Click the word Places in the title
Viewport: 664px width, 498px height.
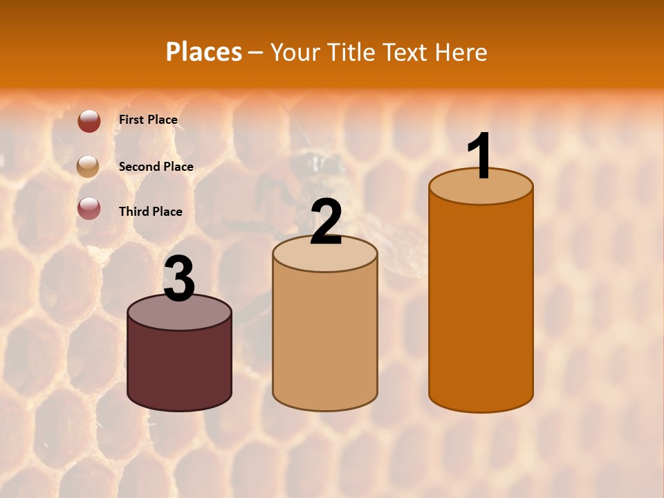pyautogui.click(x=204, y=52)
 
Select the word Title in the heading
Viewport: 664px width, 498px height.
pyautogui.click(x=351, y=52)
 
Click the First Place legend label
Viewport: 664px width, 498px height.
pyautogui.click(x=148, y=120)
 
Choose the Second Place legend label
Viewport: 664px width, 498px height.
pyautogui.click(x=156, y=166)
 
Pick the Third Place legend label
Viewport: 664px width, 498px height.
pyautogui.click(x=150, y=212)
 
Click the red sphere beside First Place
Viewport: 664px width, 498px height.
pyautogui.click(x=89, y=121)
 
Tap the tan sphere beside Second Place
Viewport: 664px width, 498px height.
pyautogui.click(x=89, y=167)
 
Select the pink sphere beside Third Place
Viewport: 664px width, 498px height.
pyautogui.click(x=89, y=208)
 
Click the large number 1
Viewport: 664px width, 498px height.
pyautogui.click(x=480, y=156)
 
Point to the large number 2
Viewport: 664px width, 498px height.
pyautogui.click(x=326, y=222)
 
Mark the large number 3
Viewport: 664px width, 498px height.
pyautogui.click(x=179, y=279)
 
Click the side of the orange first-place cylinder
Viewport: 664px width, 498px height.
pyautogui.click(x=481, y=304)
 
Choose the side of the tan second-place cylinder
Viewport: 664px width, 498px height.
pyautogui.click(x=325, y=339)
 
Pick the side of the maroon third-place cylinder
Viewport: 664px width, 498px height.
pyautogui.click(x=179, y=367)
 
